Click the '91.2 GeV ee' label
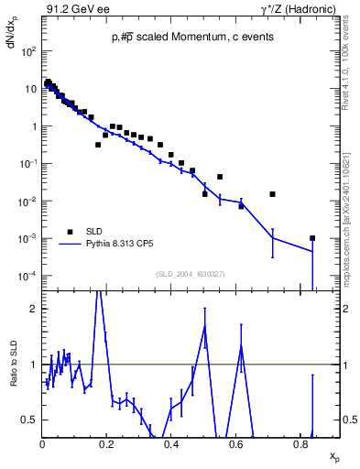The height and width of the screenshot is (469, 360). click(73, 10)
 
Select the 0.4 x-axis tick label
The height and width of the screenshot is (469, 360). click(171, 445)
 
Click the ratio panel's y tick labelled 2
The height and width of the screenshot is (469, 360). click(34, 309)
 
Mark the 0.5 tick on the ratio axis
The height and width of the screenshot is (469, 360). click(30, 420)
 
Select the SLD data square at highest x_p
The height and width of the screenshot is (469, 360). click(312, 238)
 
